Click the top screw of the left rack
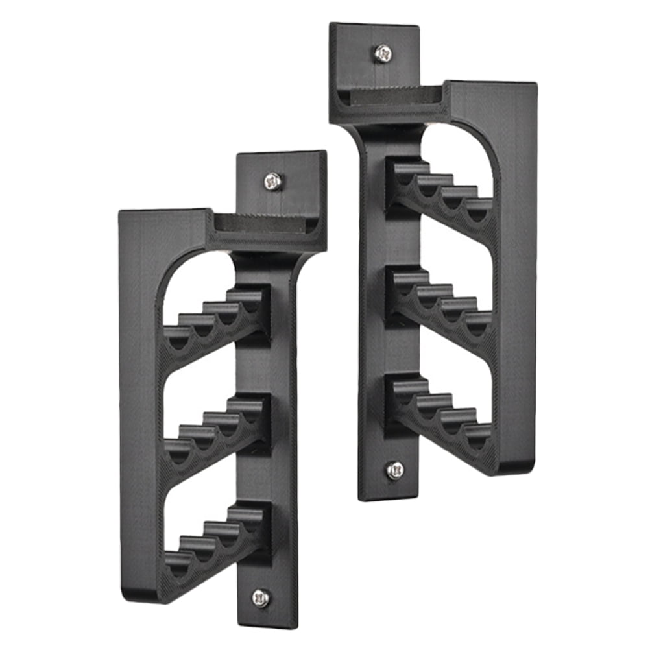tap(274, 180)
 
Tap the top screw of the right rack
tap(383, 53)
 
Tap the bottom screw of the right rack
tap(394, 470)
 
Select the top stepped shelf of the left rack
tap(217, 320)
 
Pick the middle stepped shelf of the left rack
tap(217, 428)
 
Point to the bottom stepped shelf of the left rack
tap(217, 536)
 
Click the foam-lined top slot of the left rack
tap(259, 224)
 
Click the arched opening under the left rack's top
tap(195, 279)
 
